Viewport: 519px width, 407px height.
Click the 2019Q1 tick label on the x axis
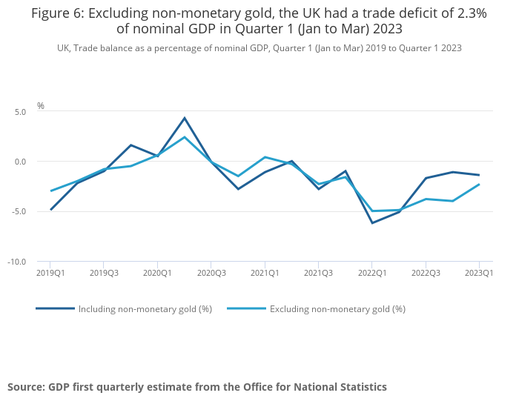click(x=50, y=273)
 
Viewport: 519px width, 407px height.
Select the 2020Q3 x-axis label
click(x=211, y=273)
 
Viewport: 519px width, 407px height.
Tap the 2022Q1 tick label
click(x=372, y=273)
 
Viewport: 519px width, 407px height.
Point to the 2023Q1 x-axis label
click(x=479, y=273)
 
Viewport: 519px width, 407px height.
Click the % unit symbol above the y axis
click(x=41, y=105)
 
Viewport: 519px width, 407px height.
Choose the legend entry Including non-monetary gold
click(x=145, y=309)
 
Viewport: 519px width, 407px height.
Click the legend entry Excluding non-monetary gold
click(x=337, y=309)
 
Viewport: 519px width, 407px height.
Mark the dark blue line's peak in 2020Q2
click(x=185, y=118)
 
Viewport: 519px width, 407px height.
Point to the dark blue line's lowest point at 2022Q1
click(x=372, y=223)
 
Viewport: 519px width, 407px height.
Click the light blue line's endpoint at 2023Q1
click(x=479, y=185)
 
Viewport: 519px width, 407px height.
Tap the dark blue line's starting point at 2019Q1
click(x=50, y=210)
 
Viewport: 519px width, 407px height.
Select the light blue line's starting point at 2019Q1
click(x=50, y=191)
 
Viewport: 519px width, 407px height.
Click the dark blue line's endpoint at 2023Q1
click(x=479, y=175)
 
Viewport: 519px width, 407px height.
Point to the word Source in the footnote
click(x=26, y=387)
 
